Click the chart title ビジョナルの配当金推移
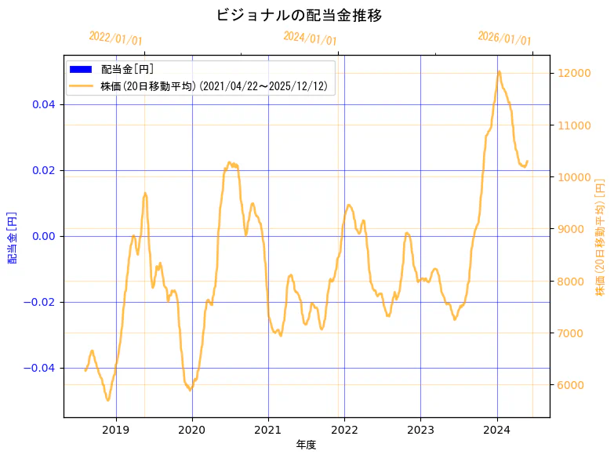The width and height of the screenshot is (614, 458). coord(299,15)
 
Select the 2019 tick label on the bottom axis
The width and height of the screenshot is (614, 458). coord(116,429)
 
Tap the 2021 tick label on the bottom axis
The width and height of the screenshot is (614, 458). coord(268,429)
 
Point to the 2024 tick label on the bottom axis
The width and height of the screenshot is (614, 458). coord(497,429)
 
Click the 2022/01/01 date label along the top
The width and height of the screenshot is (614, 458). coord(115,38)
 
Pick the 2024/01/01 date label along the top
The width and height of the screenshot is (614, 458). coord(310,38)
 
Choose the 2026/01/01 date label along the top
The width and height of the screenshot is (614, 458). coord(504,38)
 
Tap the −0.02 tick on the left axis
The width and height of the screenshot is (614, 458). coord(42,302)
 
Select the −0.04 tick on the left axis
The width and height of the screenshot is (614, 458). coord(42,368)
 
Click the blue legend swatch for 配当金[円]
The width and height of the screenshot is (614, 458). coord(81,69)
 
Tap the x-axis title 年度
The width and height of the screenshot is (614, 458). coord(307,445)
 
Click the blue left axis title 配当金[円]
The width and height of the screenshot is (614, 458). coord(13,236)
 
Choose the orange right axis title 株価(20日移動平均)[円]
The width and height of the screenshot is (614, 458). coord(601,236)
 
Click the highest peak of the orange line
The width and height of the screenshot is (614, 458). coord(499,71)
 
